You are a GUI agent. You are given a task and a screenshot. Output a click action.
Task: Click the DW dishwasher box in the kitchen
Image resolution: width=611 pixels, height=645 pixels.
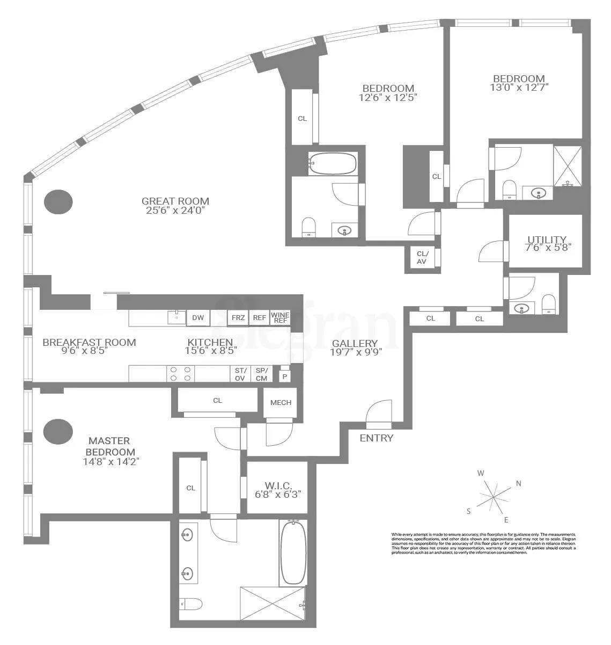[198, 318]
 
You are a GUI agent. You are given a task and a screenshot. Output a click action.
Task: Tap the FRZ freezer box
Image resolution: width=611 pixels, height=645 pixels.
[238, 318]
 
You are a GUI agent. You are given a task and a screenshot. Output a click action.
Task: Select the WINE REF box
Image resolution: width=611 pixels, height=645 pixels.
[280, 317]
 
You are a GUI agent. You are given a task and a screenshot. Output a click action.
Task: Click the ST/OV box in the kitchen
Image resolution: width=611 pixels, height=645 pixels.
[240, 374]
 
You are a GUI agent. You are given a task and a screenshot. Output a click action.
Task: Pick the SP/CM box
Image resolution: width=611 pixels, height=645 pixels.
[261, 374]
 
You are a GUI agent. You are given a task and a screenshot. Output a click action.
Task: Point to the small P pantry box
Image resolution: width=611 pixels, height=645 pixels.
[285, 376]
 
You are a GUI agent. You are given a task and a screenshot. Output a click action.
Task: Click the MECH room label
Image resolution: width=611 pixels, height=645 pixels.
[281, 402]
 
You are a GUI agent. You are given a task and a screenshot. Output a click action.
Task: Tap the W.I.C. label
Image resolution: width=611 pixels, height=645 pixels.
[277, 485]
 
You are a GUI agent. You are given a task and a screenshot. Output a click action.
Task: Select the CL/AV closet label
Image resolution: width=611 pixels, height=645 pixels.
[422, 258]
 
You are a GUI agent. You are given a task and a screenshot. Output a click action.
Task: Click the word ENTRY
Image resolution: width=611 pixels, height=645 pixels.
[376, 438]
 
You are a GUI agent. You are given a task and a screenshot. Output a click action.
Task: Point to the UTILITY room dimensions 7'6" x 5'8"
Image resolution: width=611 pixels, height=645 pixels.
[546, 248]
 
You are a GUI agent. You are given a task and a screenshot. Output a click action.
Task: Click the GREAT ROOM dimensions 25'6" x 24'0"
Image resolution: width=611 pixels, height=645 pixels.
[175, 210]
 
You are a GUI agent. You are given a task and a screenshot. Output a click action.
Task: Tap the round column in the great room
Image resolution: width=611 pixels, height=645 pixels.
[58, 202]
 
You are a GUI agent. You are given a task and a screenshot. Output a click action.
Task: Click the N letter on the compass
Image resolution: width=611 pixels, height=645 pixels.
[519, 483]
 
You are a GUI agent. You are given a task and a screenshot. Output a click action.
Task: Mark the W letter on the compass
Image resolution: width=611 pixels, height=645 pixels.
[481, 473]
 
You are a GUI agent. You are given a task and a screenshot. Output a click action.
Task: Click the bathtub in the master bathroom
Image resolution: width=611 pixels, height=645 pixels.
[293, 552]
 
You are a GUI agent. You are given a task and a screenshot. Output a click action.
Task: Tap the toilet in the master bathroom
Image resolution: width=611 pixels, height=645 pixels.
[190, 604]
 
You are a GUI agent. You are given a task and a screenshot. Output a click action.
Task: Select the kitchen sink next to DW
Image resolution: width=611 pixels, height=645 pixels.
[176, 317]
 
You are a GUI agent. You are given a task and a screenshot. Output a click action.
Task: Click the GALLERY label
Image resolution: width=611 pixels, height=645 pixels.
[354, 343]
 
